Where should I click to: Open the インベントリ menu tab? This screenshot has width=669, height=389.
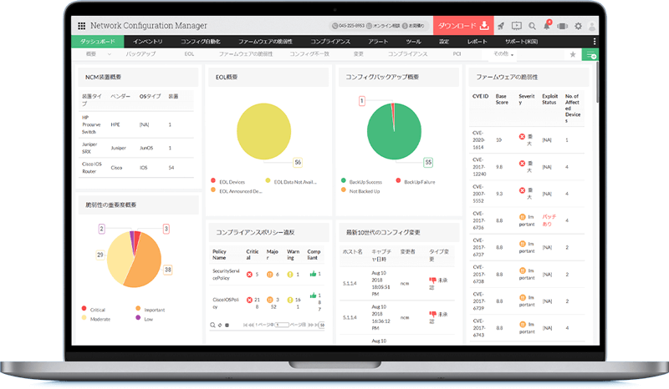[148, 41]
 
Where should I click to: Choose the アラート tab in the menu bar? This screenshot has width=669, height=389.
[377, 41]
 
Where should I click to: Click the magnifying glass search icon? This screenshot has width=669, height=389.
[534, 26]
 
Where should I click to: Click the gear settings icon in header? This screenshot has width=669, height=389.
[579, 26]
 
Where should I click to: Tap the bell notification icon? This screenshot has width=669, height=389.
[548, 26]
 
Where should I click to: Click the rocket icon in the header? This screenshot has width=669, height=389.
[500, 26]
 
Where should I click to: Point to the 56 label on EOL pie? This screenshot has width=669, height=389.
[297, 162]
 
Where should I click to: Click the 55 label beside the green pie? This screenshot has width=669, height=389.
[428, 162]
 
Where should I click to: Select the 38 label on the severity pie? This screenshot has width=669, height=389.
[167, 270]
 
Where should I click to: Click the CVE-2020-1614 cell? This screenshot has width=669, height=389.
[478, 139]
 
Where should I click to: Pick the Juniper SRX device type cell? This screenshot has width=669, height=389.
[91, 146]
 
